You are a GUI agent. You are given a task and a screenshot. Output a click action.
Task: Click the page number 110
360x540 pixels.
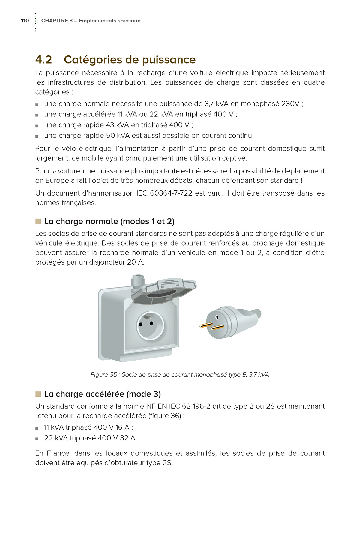[x=25, y=21]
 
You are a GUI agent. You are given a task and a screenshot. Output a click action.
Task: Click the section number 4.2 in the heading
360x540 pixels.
[x=43, y=60]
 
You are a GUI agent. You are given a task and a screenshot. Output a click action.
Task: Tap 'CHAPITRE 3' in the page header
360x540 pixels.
[x=57, y=21]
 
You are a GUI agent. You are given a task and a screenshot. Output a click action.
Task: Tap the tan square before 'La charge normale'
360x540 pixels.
[x=38, y=221]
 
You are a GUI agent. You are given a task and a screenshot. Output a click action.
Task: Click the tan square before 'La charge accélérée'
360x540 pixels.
[x=38, y=394]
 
